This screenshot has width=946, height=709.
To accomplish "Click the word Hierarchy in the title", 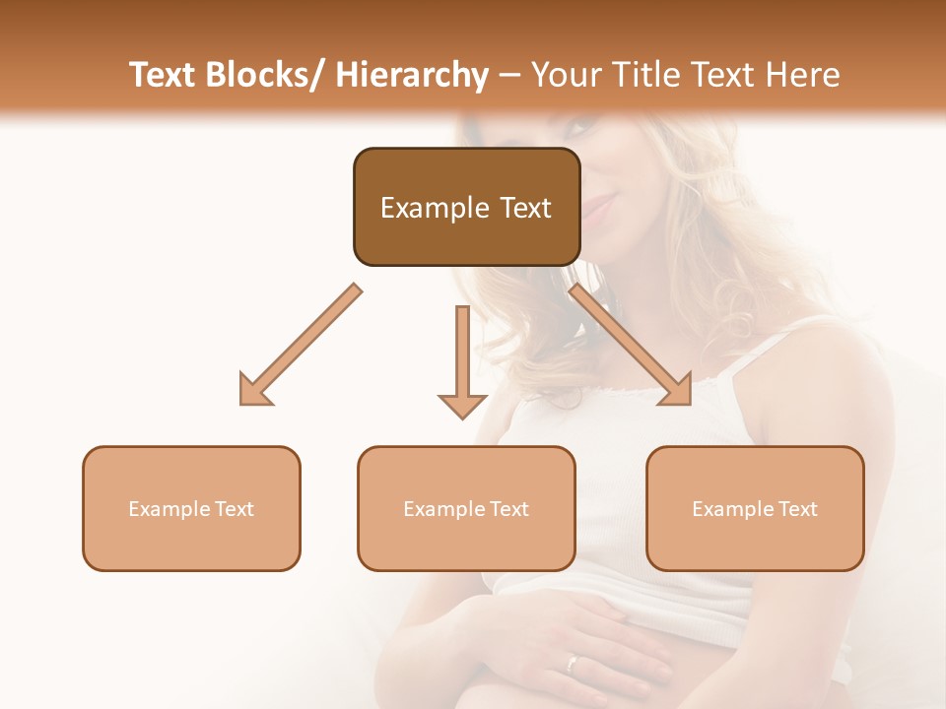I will pyautogui.click(x=412, y=75).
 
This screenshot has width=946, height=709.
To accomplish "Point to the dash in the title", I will pyautogui.click(x=509, y=76).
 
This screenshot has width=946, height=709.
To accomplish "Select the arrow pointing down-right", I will pyautogui.click(x=631, y=345).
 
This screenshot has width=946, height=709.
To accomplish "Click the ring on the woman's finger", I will pyautogui.click(x=573, y=662).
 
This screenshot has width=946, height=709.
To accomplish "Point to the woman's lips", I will pyautogui.click(x=597, y=208).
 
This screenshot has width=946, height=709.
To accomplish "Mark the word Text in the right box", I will pyautogui.click(x=798, y=509).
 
